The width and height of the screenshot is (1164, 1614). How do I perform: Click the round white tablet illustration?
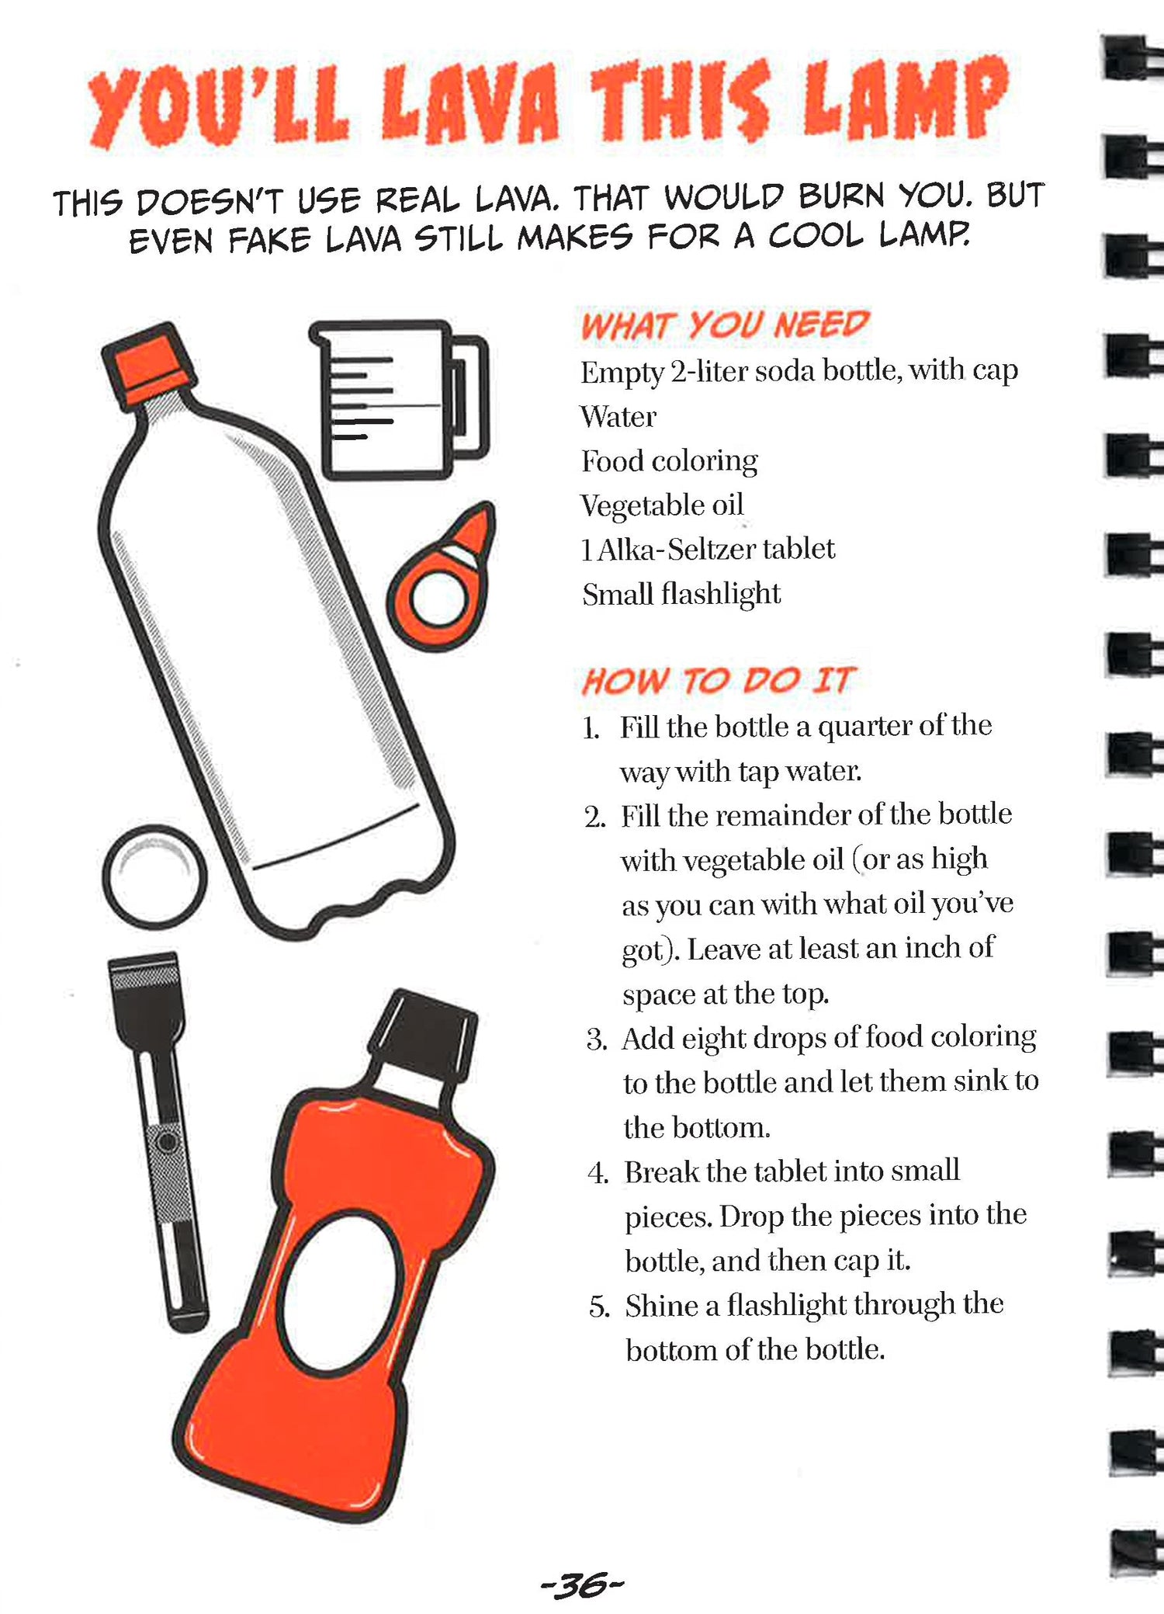point(155,876)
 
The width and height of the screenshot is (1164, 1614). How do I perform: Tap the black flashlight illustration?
point(158,1141)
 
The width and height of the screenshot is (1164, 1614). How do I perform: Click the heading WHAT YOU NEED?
point(725,325)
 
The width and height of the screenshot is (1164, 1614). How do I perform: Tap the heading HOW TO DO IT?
point(718,681)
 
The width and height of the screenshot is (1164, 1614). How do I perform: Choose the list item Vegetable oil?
point(662,505)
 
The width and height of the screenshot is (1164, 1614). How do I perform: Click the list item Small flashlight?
point(681,594)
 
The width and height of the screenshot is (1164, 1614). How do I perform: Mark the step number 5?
point(599,1307)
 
